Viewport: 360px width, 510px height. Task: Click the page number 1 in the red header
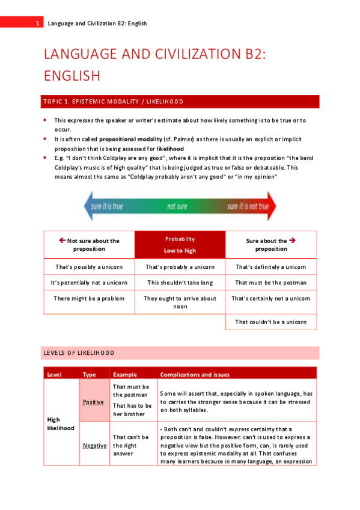(37, 23)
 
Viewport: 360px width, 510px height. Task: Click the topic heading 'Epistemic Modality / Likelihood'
(111, 102)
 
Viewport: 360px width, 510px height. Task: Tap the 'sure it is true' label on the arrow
(107, 206)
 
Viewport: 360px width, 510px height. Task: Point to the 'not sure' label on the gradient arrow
(177, 206)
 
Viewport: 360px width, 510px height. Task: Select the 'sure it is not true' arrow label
(248, 206)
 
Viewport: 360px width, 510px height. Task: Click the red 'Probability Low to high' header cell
(180, 245)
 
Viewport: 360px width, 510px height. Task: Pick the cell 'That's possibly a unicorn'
(89, 267)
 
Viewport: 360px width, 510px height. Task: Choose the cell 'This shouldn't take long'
(180, 283)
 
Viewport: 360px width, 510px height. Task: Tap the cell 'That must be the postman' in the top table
(270, 283)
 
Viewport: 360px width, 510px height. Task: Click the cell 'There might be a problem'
(89, 298)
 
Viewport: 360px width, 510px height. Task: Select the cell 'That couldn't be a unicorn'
(270, 322)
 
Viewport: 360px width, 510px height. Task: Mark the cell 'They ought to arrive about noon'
(180, 302)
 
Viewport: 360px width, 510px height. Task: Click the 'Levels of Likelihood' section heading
(78, 353)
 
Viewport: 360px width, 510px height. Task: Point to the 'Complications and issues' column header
(195, 375)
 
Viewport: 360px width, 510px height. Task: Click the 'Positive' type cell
(93, 402)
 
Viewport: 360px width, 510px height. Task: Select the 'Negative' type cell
(94, 446)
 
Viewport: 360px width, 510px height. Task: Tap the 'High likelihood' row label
(60, 423)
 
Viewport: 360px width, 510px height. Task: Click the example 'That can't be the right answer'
(132, 446)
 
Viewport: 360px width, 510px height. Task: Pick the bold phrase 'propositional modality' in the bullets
(128, 139)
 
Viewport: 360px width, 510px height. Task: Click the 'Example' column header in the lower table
(125, 375)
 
